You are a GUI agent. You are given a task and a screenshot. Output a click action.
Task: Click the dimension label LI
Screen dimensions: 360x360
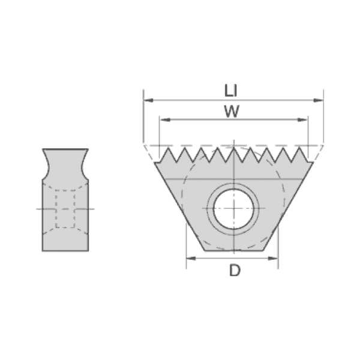tap(230, 91)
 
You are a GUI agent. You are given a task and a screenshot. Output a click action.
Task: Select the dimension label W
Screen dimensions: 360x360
tap(232, 112)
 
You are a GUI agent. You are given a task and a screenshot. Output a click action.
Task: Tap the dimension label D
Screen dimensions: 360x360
tap(235, 270)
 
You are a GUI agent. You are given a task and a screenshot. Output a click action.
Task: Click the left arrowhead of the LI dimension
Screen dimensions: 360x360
tap(148, 100)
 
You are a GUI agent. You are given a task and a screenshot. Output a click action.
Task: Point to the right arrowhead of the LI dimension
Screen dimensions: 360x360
tap(319, 100)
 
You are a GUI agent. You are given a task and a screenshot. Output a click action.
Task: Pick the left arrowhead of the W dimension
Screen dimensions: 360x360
tap(165, 119)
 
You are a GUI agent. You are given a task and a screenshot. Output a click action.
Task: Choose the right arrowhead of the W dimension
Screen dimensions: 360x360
tap(302, 119)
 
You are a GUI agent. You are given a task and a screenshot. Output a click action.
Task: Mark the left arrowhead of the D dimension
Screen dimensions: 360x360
tap(191, 258)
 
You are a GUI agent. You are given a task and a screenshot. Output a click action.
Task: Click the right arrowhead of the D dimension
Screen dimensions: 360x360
tap(273, 258)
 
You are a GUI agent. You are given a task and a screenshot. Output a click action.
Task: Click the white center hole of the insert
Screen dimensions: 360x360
tap(234, 209)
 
